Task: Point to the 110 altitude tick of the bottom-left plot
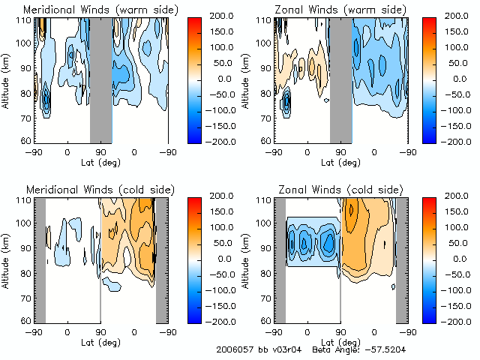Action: (23, 200)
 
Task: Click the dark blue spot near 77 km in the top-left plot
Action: (46, 100)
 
